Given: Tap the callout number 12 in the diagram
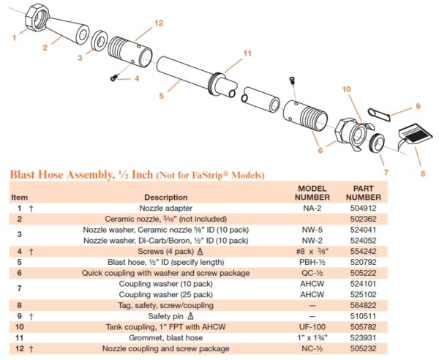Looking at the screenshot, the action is (x=159, y=23).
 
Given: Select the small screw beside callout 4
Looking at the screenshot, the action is (x=113, y=78).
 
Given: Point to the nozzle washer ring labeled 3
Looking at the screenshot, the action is (x=100, y=41).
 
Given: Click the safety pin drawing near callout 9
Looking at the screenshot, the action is (x=378, y=114).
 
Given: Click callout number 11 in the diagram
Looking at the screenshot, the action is (x=247, y=53).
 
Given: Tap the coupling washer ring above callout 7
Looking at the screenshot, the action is (x=377, y=143).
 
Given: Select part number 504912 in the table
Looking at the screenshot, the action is (x=363, y=209).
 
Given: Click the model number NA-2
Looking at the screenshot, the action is (x=312, y=209).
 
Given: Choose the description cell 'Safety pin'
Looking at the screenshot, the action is (x=166, y=316).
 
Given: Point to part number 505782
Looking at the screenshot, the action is (x=363, y=327).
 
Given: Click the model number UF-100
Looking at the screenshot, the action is (x=312, y=327).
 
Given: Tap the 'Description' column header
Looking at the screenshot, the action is (x=166, y=198).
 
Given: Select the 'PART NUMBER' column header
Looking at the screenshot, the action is (x=363, y=193).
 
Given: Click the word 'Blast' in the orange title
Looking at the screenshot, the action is (x=23, y=175).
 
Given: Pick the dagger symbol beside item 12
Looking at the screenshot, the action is (x=31, y=349).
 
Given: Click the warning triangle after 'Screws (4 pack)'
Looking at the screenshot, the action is (x=200, y=252).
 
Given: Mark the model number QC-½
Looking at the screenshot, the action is (x=312, y=273).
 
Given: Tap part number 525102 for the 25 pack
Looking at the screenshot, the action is (x=363, y=294).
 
